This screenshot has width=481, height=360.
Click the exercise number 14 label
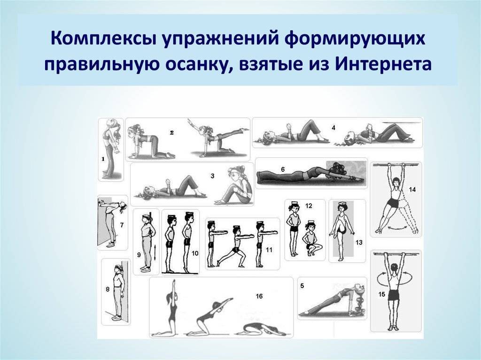click(x=412, y=190)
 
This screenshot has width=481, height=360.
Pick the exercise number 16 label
click(x=259, y=296)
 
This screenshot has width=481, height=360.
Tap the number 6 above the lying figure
click(x=283, y=169)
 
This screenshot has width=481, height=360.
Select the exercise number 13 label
click(x=359, y=243)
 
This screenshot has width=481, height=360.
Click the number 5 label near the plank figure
click(x=302, y=286)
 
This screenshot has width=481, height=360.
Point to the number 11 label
click(x=269, y=250)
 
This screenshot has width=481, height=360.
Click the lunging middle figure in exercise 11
click(x=236, y=245)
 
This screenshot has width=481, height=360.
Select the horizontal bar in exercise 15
click(x=396, y=254)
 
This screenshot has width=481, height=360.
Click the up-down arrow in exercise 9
click(x=155, y=253)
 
